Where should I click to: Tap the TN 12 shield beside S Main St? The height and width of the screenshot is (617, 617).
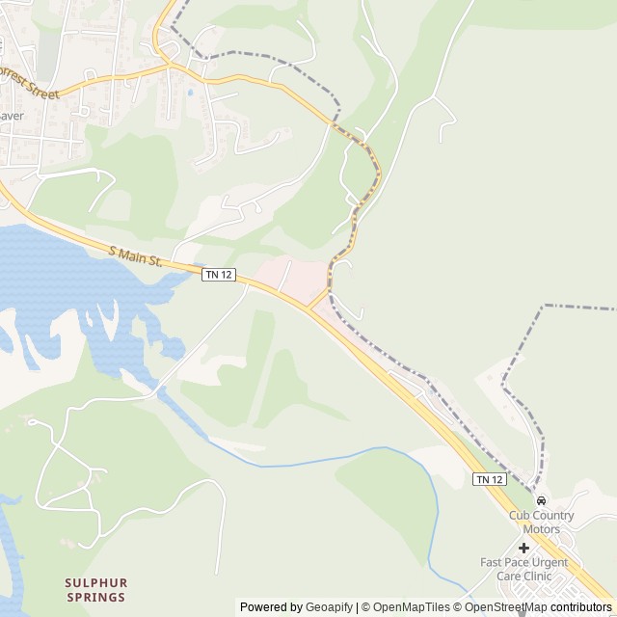coord(219,275)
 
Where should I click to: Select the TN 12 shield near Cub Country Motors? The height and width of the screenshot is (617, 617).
coord(489,479)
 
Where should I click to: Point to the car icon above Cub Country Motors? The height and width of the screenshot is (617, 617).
coord(541,501)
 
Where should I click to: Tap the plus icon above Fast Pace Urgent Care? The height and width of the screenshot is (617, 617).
coord(523,548)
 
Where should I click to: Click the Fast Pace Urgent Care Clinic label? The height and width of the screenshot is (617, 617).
coord(523,569)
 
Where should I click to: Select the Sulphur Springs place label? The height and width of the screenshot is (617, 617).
coord(95,590)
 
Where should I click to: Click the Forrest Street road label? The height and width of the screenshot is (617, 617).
coord(29,83)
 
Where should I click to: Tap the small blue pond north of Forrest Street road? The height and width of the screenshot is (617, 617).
coord(190,93)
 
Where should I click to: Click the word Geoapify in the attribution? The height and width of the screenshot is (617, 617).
coord(330,607)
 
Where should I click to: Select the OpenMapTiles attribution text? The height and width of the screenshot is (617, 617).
coord(411,607)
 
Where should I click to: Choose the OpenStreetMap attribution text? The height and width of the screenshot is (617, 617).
coord(505,607)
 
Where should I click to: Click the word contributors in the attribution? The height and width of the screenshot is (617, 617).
coord(581,607)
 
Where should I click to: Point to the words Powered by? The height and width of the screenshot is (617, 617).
coord(271,607)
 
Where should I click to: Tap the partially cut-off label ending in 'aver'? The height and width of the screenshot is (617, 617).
coord(11,116)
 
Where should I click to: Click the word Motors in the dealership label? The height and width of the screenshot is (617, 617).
coord(541,529)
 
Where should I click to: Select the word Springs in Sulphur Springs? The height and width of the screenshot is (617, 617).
coord(95,597)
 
